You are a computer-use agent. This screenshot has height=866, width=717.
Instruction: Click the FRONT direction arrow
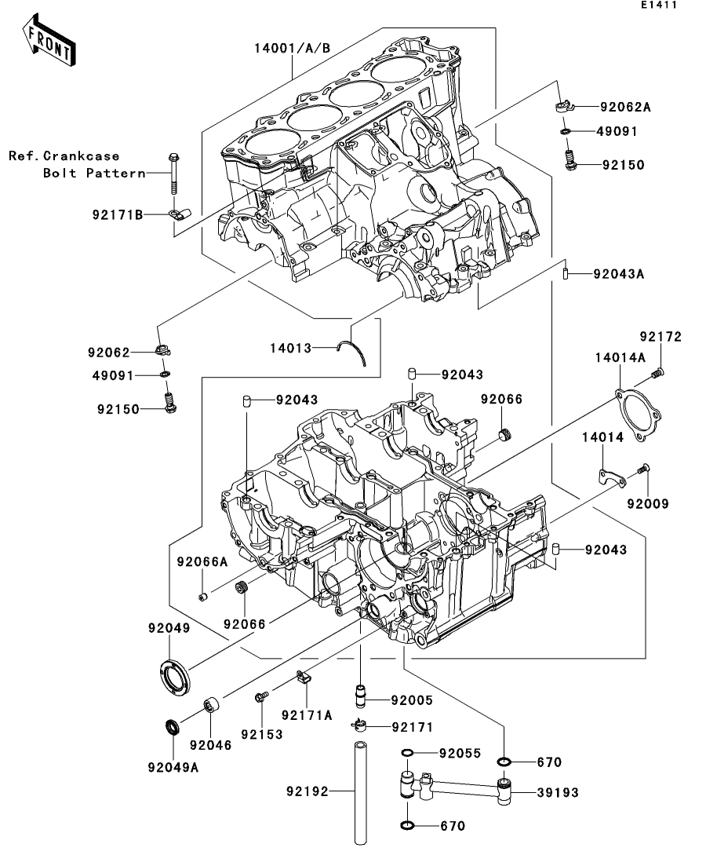[49, 40]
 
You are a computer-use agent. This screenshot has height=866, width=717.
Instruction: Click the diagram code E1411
[658, 5]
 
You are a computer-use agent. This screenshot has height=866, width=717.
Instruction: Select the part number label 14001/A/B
[292, 48]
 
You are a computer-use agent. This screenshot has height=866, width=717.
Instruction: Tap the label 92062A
[625, 107]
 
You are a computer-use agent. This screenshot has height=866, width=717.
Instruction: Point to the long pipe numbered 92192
[360, 793]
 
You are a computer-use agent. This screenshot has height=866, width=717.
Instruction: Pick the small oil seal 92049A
[173, 727]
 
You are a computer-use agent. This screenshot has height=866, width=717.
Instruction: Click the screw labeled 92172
[657, 374]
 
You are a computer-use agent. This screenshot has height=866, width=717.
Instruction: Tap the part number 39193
[558, 792]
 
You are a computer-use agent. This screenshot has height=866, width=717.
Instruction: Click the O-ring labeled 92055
[407, 753]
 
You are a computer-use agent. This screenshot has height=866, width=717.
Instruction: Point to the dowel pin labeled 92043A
[566, 273]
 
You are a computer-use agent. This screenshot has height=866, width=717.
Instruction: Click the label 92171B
[118, 214]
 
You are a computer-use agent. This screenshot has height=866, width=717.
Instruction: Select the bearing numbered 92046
[211, 705]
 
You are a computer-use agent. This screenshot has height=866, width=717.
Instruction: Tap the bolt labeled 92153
[262, 697]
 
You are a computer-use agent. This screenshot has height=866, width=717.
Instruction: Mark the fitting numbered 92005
[360, 696]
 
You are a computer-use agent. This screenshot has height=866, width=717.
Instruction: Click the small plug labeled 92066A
[202, 597]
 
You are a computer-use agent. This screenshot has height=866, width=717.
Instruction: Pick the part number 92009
[647, 504]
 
